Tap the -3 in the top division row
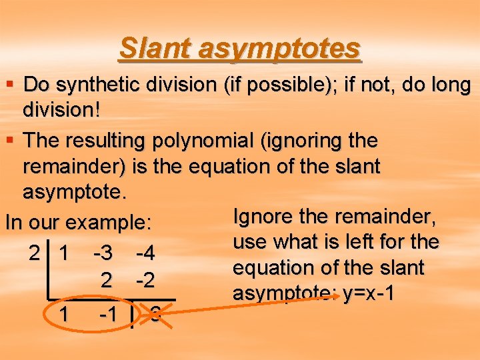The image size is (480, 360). coord(103,253)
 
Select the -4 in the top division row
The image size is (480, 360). coord(145,253)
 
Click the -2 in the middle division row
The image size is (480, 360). coord(145,281)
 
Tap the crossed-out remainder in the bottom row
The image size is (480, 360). coord(155,314)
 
